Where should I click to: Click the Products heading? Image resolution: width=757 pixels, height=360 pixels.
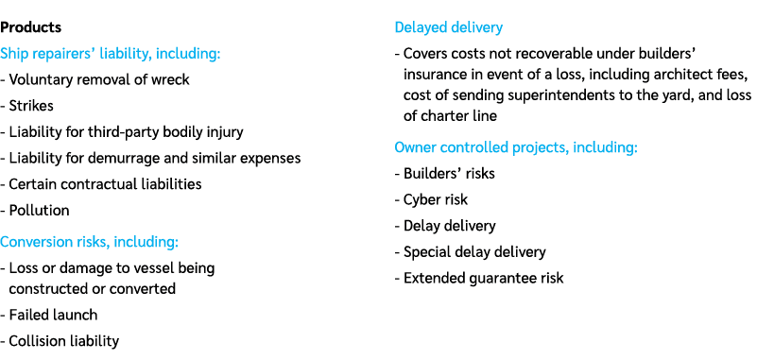(31, 28)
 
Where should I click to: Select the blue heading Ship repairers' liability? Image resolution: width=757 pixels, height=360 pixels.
(111, 54)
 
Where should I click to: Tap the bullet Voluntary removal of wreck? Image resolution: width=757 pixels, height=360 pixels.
(99, 80)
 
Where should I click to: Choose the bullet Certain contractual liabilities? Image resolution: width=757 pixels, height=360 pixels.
(105, 184)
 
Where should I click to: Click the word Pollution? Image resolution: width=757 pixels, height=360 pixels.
(40, 211)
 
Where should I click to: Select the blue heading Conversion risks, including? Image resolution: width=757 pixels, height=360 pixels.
(90, 242)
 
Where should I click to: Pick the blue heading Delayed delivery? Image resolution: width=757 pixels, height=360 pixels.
(448, 27)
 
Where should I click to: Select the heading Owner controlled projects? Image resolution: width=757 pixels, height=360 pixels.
(516, 147)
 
